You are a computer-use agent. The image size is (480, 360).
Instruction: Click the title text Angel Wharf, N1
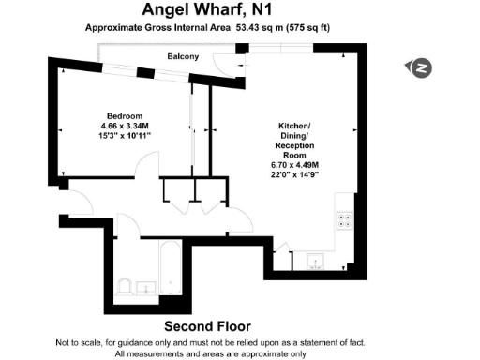click(x=205, y=10)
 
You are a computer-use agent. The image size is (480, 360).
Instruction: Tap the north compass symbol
click(x=421, y=67)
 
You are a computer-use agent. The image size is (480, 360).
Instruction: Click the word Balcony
click(x=183, y=57)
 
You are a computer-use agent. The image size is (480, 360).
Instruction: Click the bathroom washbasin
click(x=146, y=286)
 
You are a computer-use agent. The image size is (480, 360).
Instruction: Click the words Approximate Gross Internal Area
click(x=148, y=28)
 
